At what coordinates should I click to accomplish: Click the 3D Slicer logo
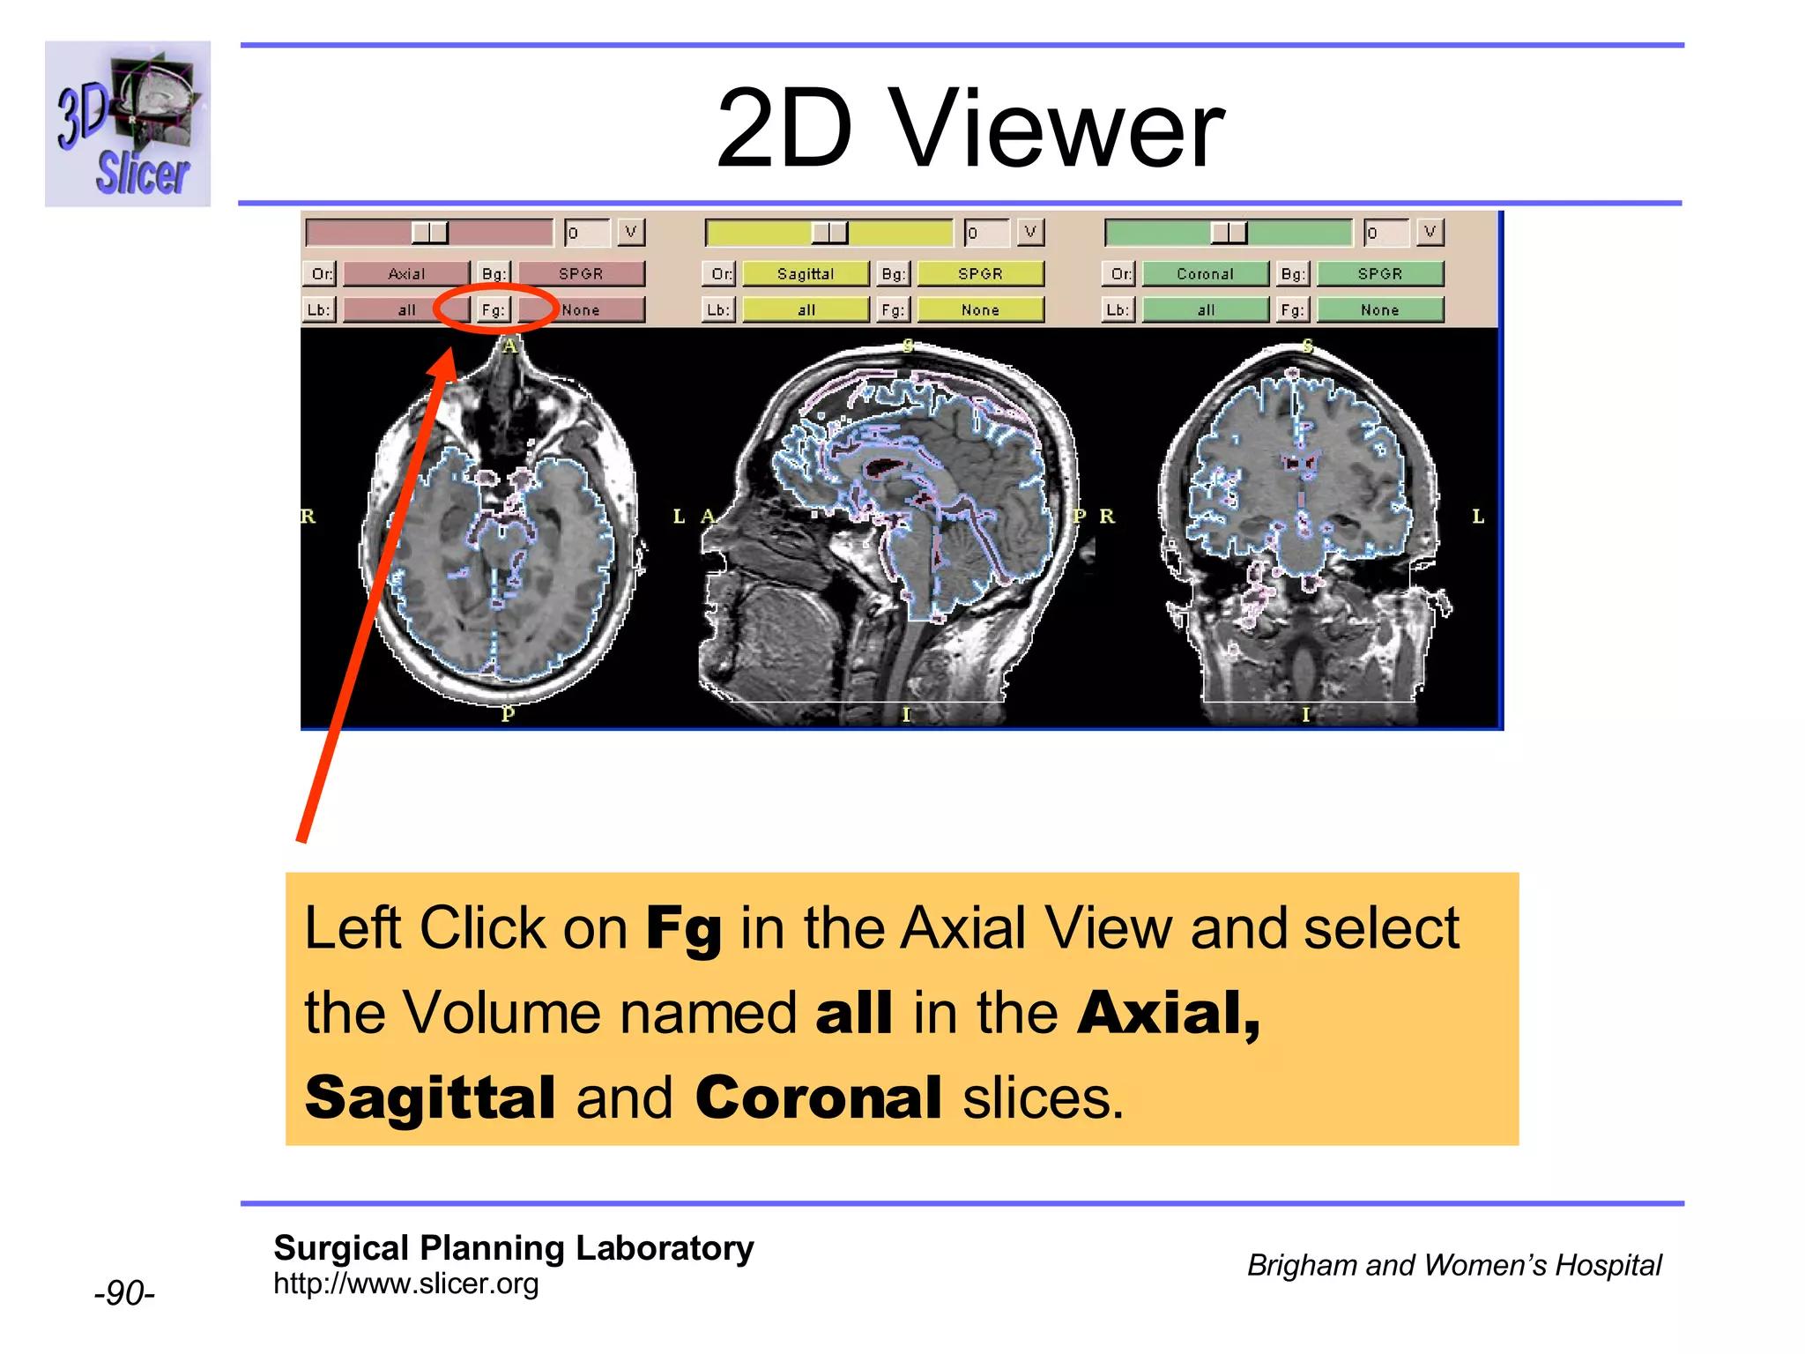pos(128,124)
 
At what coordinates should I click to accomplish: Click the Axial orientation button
pos(406,274)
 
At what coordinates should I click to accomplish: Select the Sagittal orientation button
pos(806,274)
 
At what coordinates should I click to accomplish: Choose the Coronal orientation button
pos(1205,274)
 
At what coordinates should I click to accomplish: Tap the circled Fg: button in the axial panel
pos(494,310)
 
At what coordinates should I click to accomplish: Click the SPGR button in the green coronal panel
pos(1380,274)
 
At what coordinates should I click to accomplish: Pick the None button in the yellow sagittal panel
pos(980,310)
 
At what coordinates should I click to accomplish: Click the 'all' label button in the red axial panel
pos(406,310)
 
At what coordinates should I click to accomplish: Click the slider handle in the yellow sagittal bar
pos(829,233)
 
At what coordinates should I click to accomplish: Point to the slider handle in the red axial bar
pos(430,233)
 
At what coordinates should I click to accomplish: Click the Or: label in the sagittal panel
pos(721,274)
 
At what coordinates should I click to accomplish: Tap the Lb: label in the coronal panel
pos(1118,310)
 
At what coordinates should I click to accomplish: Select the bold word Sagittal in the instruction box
pos(430,1098)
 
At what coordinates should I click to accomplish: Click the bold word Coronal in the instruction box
pos(818,1098)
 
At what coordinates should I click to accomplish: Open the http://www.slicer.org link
pos(405,1283)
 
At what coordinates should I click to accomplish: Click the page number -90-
pos(124,1293)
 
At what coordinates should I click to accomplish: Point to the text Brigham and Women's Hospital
pos(1454,1265)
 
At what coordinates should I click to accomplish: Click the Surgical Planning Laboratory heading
pos(513,1248)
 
